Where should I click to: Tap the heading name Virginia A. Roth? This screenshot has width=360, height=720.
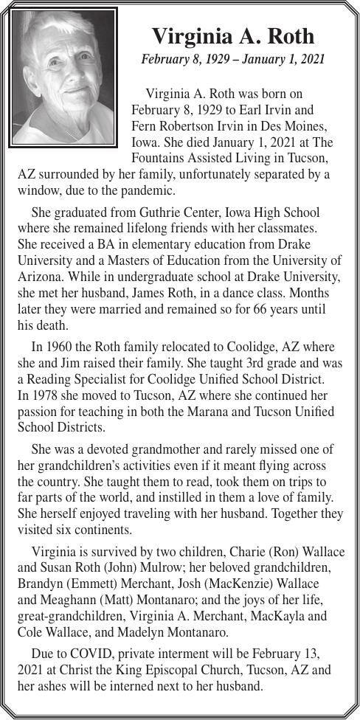click(x=232, y=37)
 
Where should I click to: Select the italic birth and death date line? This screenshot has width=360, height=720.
click(x=232, y=59)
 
